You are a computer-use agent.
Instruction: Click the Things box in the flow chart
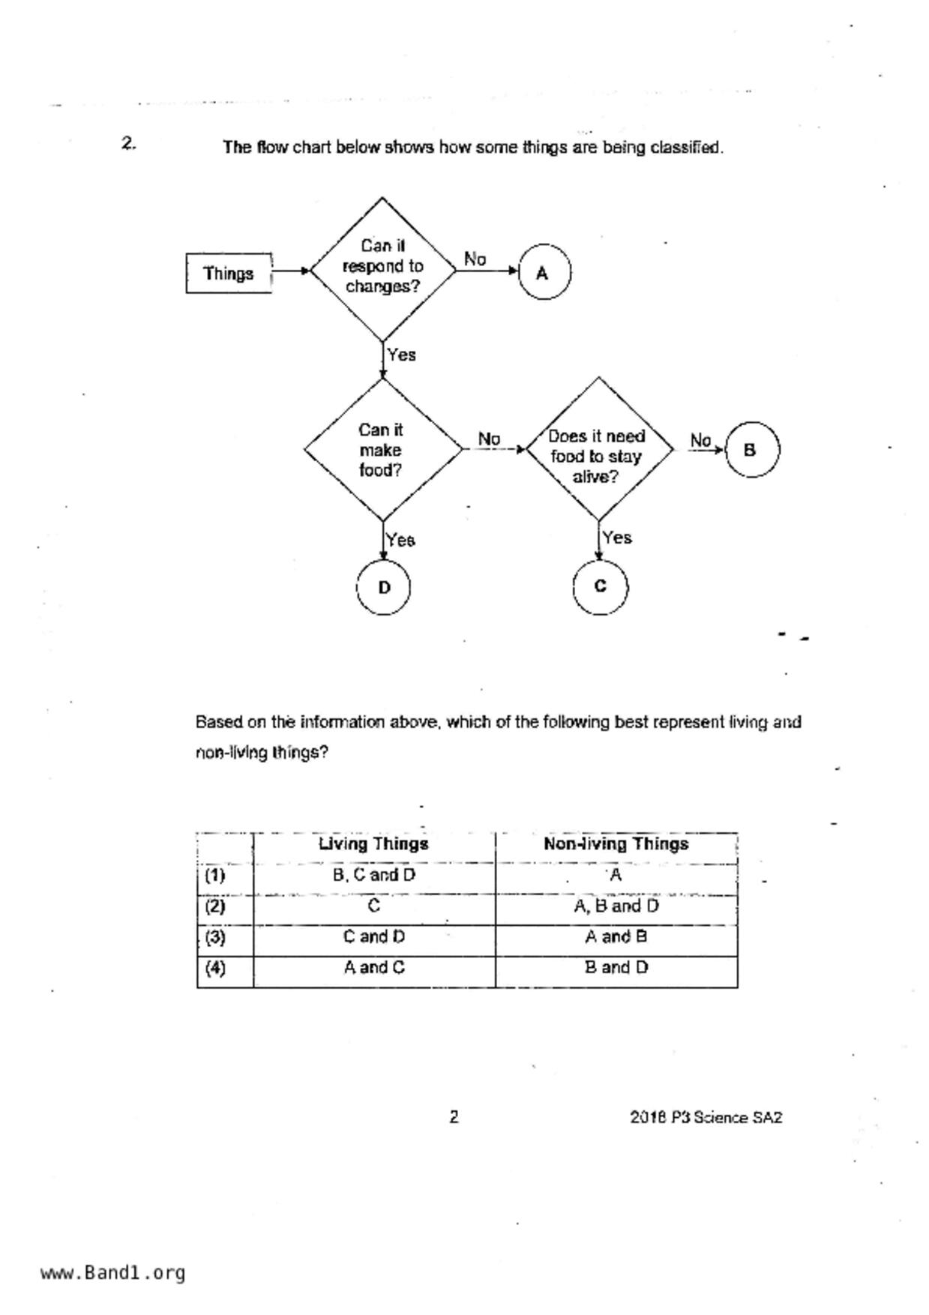point(229,274)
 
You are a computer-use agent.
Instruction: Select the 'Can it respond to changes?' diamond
point(382,267)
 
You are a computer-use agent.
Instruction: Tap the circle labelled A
point(544,272)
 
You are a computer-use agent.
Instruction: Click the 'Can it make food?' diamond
point(382,450)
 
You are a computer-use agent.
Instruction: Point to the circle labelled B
point(751,450)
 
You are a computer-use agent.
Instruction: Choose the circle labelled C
point(600,586)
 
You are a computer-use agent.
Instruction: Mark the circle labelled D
point(383,588)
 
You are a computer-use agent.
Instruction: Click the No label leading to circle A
point(475,259)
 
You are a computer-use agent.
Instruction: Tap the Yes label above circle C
point(617,538)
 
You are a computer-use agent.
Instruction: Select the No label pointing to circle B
point(700,440)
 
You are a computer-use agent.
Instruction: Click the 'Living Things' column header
point(373,844)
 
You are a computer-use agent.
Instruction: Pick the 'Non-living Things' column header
point(616,844)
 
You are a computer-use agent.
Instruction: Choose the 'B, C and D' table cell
point(373,875)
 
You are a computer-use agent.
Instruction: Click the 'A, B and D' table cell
point(616,906)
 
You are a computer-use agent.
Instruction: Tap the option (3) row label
point(215,937)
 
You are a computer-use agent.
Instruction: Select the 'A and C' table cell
point(373,968)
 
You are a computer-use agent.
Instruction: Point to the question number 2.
point(128,143)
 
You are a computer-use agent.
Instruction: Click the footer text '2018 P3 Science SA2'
point(706,1118)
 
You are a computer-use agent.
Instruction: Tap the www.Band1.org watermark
point(112,1273)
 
